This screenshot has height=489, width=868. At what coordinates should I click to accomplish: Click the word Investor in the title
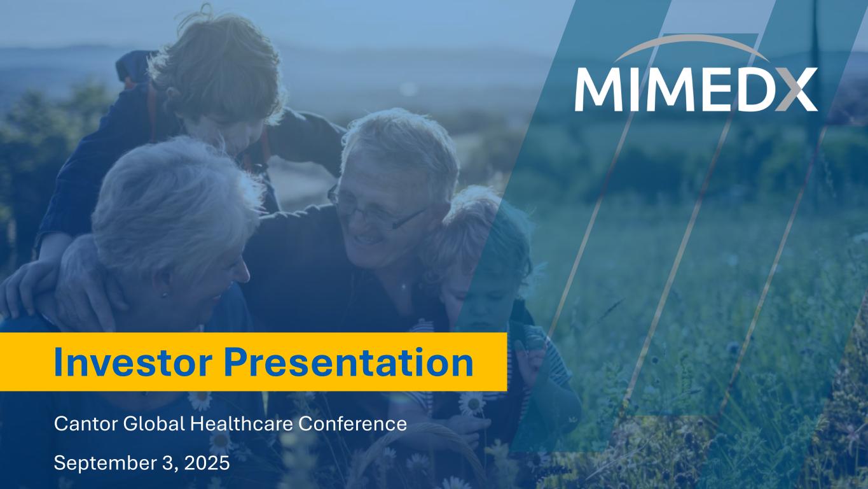tap(132, 362)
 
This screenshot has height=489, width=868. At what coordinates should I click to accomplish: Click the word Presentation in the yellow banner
tap(348, 362)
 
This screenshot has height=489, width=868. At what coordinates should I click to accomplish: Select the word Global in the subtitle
tap(154, 424)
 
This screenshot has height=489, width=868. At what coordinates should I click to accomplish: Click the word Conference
tap(352, 424)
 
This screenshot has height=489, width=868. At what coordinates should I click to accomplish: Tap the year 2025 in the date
tap(207, 463)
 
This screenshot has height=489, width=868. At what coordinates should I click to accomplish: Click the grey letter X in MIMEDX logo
tap(796, 89)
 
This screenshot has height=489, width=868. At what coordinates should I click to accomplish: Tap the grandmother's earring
tap(165, 295)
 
